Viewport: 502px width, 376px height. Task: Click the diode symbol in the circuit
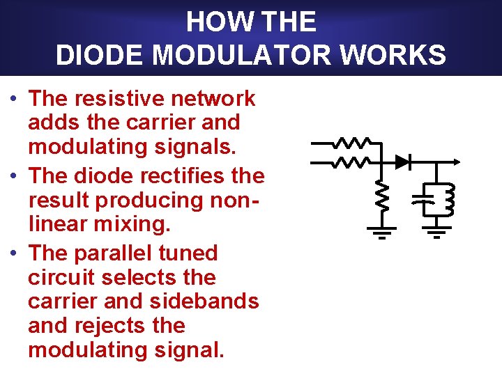[x=402, y=162]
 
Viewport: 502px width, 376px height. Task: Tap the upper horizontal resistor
[x=351, y=143]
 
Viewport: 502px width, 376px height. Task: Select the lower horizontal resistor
[x=351, y=162]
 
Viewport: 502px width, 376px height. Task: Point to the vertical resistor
[x=381, y=196]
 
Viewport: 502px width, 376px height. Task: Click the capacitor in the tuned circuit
[x=420, y=200]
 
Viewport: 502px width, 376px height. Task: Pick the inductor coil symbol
[x=448, y=199]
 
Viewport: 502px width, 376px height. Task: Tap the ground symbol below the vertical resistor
[x=381, y=231]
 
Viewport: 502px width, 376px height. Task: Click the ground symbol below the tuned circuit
[x=437, y=231]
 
